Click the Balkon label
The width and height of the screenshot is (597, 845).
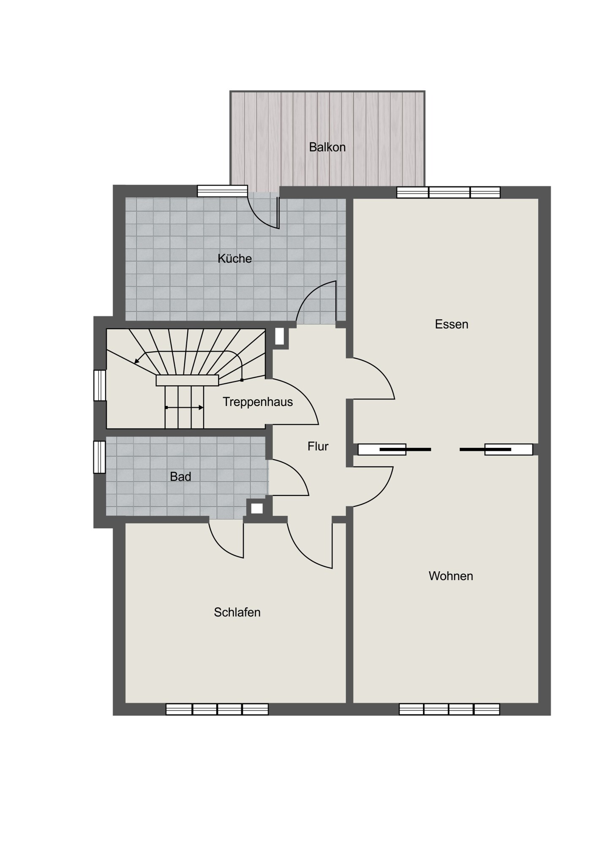(327, 147)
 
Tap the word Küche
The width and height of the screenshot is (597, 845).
(234, 258)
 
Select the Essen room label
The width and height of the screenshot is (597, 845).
(452, 324)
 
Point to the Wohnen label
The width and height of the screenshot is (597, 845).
(451, 576)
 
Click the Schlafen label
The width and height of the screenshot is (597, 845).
(237, 612)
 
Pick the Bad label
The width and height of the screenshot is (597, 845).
(180, 477)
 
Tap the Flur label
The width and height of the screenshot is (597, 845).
(318, 446)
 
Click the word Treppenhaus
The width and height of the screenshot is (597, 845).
(258, 402)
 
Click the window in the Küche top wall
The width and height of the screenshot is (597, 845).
(223, 191)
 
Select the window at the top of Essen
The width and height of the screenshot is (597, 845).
(448, 192)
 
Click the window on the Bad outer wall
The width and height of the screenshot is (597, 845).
(100, 457)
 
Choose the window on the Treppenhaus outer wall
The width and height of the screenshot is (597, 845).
(100, 385)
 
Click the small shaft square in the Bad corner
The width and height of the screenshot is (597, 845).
(257, 508)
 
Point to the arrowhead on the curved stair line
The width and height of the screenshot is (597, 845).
(137, 361)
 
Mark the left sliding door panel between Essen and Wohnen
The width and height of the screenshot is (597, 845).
(382, 450)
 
